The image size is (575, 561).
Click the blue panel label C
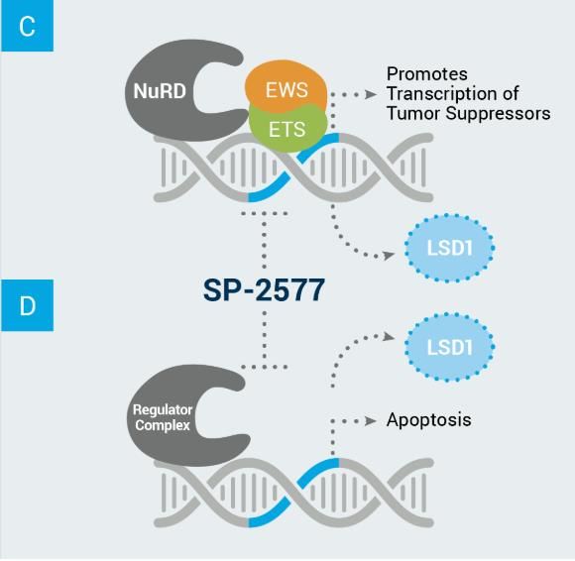pos(27,26)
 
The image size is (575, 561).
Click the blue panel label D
pos(27,305)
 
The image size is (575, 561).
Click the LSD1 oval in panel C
pos(449,248)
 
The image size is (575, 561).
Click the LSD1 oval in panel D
pos(449,347)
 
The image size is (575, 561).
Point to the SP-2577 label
pos(264,290)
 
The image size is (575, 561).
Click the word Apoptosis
pos(428,420)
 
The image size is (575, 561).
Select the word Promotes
pos(427,74)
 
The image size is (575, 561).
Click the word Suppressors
pos(498,114)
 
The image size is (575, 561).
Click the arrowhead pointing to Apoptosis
pos(371,421)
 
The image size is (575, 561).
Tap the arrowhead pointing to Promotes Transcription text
pos(371,94)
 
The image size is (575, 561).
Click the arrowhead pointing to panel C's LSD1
pos(389,255)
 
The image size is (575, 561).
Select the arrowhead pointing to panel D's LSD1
pos(389,336)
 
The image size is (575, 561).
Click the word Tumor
pos(413,113)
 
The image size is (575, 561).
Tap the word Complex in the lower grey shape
pos(163,425)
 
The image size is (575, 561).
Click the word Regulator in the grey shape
pos(163,410)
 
